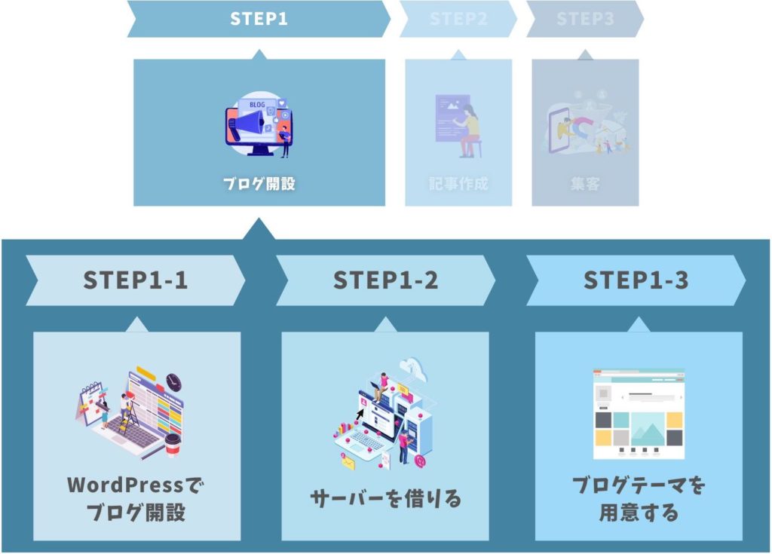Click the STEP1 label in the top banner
[x=259, y=19]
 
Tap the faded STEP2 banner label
[x=458, y=20]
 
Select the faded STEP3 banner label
[x=585, y=20]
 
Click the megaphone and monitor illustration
[x=259, y=124]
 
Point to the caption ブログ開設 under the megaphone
[x=259, y=183]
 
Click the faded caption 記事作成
[x=458, y=183]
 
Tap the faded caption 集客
[x=585, y=183]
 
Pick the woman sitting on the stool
[x=469, y=128]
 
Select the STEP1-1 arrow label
[x=136, y=280]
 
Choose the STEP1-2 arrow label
[x=385, y=280]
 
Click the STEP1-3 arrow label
[x=636, y=280]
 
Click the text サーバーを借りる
[x=385, y=498]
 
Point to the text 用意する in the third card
[x=639, y=513]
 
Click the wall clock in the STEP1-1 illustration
[x=174, y=380]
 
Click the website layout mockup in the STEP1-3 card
[x=639, y=414]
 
